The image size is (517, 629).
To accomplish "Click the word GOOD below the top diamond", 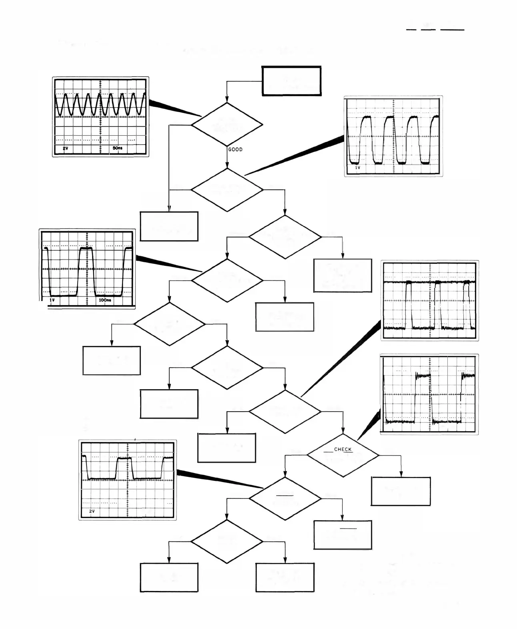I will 235,149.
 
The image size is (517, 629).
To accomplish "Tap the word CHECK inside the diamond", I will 343,449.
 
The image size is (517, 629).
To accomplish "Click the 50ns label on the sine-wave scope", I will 117,148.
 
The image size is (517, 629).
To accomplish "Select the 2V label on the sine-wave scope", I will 65,148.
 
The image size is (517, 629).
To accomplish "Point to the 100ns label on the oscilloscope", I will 105,300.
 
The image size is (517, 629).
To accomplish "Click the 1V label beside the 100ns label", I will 52,300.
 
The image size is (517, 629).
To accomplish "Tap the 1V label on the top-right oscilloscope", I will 358,168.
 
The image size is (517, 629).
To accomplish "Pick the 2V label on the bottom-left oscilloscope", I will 92,511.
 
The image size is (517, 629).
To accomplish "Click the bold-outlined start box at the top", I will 291,81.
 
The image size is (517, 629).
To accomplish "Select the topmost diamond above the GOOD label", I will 227,124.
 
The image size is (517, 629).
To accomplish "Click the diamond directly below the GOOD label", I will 227,190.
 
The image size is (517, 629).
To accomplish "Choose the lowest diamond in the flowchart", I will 227,541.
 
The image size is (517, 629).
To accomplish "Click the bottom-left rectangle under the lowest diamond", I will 169,577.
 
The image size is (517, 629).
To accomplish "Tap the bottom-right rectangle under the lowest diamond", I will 285,577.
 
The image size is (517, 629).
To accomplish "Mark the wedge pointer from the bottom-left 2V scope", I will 216,479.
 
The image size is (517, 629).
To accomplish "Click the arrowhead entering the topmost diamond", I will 227,99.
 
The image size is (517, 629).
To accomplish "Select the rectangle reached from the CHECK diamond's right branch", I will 401,491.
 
